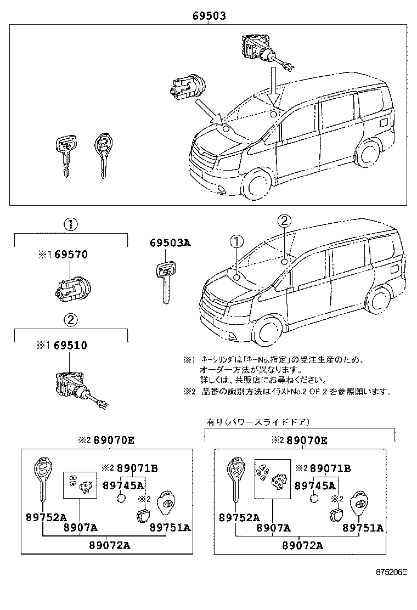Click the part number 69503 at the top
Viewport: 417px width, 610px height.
tap(209, 17)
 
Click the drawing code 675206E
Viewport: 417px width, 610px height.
tap(392, 572)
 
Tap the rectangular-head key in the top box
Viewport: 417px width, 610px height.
tap(64, 154)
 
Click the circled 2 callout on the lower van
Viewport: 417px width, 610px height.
tap(283, 222)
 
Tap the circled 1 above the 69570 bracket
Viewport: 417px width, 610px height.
tap(70, 224)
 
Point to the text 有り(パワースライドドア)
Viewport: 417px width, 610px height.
tap(258, 422)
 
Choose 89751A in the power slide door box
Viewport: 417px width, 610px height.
tap(363, 528)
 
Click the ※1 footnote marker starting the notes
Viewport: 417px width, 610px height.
tap(189, 360)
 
